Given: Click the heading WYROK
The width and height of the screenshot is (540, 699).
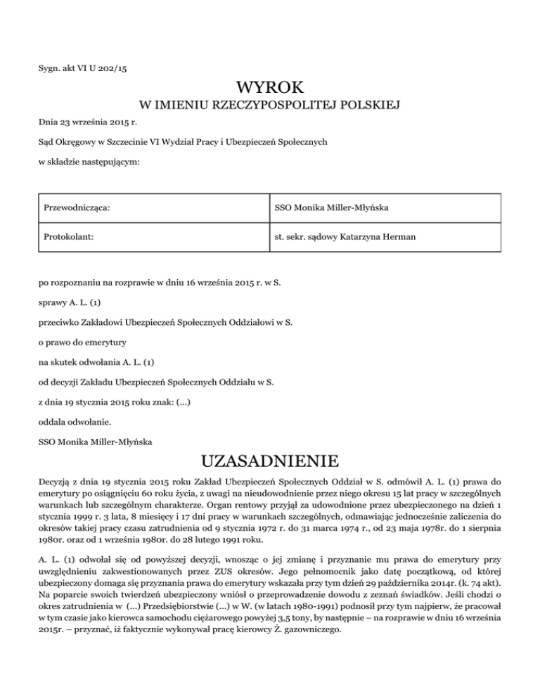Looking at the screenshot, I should (x=270, y=89).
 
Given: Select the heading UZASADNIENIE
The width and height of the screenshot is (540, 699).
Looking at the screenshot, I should (x=270, y=463).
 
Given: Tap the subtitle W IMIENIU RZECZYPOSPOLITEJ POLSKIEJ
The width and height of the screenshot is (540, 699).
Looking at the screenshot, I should (x=270, y=106).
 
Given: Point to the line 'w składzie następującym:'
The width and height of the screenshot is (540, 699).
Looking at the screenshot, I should (x=83, y=162).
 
